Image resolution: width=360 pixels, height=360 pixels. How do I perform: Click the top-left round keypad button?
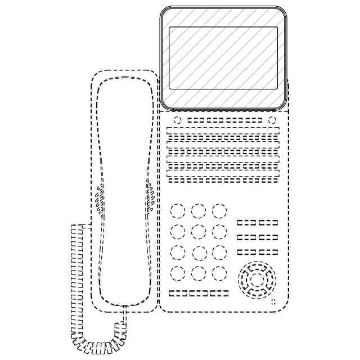178,211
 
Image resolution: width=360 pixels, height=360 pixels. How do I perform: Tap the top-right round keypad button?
219,211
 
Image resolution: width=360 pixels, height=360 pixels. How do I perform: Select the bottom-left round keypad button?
178,273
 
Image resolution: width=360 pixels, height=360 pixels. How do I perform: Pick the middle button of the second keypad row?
199,232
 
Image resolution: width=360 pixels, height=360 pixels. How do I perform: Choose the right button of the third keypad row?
219,253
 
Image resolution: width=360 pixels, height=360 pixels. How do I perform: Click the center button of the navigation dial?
256,280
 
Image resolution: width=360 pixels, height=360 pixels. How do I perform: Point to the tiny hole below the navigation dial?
273,303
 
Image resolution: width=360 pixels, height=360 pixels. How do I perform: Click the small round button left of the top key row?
177,120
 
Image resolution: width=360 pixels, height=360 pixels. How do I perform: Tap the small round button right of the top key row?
272,120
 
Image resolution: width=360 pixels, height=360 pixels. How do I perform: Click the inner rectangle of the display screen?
223,57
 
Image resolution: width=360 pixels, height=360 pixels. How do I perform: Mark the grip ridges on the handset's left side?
100,200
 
